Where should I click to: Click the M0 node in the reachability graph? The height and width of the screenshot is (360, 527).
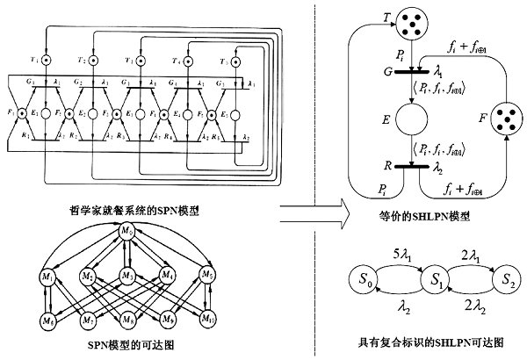point(128,232)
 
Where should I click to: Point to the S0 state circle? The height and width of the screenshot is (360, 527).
point(363,283)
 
